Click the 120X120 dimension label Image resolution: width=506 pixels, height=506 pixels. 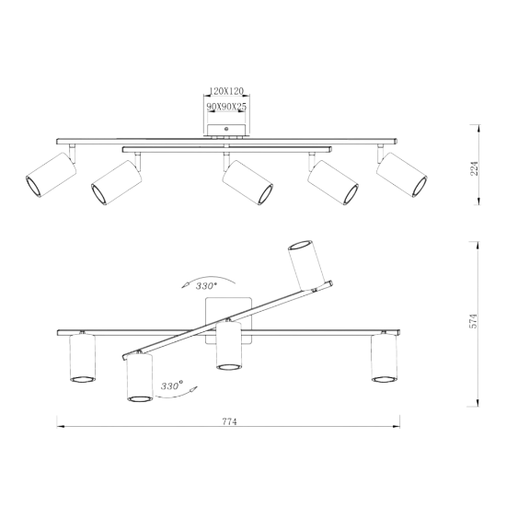click(226, 91)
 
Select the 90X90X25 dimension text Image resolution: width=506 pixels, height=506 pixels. click(226, 107)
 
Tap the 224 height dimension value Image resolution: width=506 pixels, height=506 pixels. click(474, 168)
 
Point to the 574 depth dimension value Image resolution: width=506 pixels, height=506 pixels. click(473, 321)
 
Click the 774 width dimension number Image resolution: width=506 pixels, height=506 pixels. click(229, 421)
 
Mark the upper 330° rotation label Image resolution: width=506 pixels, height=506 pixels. click(206, 286)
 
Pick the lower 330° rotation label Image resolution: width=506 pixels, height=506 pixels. click(172, 386)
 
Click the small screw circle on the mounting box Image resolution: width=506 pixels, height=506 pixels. click(226, 129)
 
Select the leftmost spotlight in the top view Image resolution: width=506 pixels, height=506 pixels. click(51, 174)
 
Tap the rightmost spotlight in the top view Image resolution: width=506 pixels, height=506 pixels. click(402, 174)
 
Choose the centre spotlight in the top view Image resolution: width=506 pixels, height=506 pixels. click(247, 182)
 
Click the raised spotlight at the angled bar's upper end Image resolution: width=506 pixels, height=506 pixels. click(306, 265)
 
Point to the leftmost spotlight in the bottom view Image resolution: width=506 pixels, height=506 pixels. click(83, 358)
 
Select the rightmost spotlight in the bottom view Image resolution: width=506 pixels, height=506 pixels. click(384, 358)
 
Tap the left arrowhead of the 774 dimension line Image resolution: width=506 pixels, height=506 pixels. click(61, 426)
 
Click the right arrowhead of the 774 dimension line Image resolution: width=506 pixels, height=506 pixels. click(396, 426)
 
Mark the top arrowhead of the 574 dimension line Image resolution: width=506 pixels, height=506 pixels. click(477, 246)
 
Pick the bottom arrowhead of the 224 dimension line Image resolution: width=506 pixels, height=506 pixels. click(479, 201)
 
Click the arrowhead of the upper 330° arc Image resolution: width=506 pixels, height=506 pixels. click(185, 285)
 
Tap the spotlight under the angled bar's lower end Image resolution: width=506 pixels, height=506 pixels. click(140, 377)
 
